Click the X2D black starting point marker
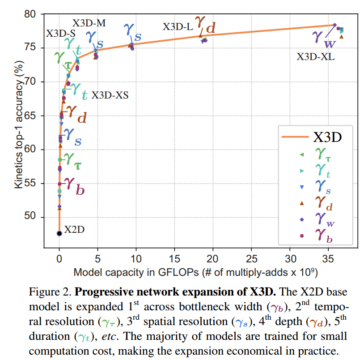[59, 233]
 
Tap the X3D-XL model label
[316, 57]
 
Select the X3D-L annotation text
[178, 27]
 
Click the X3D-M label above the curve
[89, 23]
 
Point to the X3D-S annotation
[61, 34]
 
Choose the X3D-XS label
[110, 95]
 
